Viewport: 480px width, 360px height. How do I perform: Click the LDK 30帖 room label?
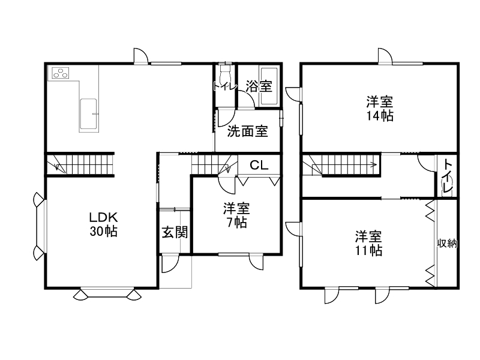[103, 223]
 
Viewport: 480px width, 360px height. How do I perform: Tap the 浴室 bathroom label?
[259, 86]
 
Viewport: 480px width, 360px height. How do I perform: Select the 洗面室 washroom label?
[247, 131]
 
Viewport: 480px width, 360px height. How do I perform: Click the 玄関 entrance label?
[175, 232]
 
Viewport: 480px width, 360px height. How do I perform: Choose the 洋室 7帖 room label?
[236, 215]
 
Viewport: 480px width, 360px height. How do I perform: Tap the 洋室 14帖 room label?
[380, 108]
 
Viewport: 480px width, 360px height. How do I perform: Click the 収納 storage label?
[447, 243]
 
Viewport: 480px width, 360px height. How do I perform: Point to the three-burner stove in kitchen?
[61, 74]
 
